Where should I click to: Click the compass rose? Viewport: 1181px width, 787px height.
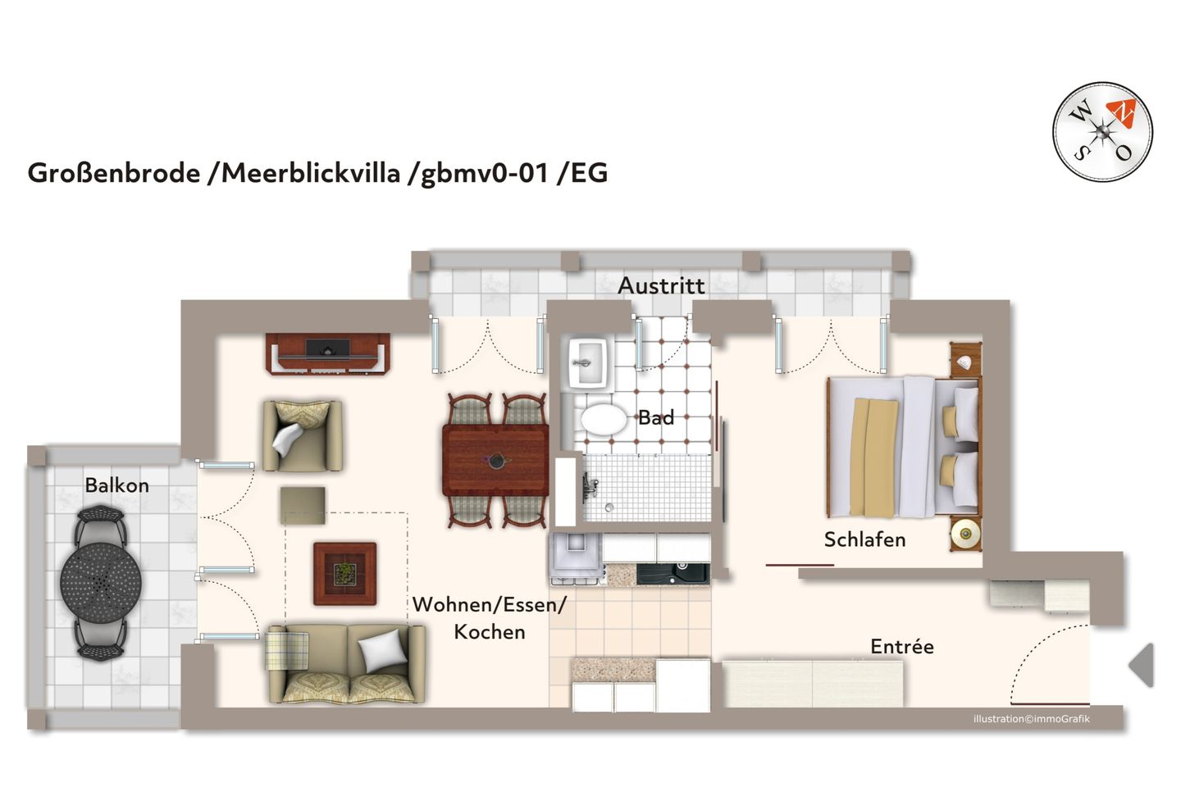coord(1102,131)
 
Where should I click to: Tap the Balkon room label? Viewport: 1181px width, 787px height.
coord(117,485)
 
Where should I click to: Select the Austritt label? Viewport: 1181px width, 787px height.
coord(661,285)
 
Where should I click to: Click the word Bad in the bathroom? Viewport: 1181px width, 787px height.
coord(656,417)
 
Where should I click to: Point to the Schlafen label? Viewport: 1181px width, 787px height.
coord(864,539)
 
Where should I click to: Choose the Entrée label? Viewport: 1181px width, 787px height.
coord(901,647)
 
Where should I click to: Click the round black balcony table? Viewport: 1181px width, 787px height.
coord(100,582)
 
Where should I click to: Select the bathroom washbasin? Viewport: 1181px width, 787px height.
coord(587,362)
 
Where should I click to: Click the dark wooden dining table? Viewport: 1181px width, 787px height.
coord(495,461)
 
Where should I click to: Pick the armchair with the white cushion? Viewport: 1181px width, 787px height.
coord(302,435)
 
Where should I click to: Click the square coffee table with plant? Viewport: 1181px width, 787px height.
coord(344,573)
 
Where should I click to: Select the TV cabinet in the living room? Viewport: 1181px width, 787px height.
coord(328,353)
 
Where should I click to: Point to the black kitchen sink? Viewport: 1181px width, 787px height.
coord(673,573)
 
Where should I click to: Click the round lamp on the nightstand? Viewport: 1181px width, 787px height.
coord(966,535)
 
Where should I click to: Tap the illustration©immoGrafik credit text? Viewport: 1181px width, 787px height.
coord(1031,719)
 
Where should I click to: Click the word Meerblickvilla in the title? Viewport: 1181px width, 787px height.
coord(311,173)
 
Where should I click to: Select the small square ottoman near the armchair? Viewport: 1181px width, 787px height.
coord(303,505)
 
